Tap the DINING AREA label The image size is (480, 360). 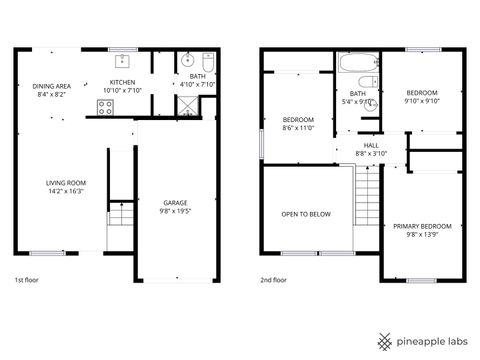[x=52, y=86]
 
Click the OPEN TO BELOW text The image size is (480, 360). [x=305, y=214]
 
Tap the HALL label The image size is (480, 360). [x=370, y=145]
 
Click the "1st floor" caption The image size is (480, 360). [x=27, y=280]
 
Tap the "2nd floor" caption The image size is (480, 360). [x=273, y=280]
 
